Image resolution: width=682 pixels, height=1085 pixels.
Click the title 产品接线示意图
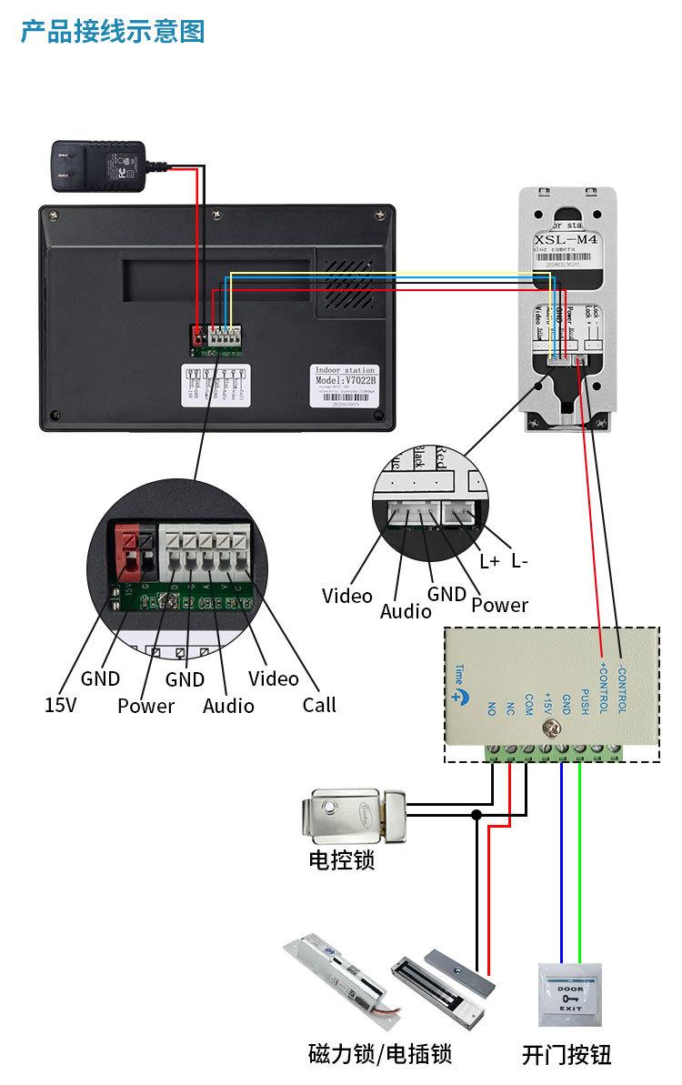click(x=113, y=31)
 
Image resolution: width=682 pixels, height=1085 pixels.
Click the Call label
click(x=319, y=704)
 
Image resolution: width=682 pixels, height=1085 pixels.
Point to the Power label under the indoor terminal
click(x=145, y=706)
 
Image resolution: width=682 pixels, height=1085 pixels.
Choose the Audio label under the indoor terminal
click(x=228, y=706)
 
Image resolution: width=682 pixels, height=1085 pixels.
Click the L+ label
click(x=489, y=561)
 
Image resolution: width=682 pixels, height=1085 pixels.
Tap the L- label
click(x=519, y=561)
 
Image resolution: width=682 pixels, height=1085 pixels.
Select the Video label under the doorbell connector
click(x=346, y=596)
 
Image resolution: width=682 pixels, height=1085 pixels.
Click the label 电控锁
click(x=341, y=859)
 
